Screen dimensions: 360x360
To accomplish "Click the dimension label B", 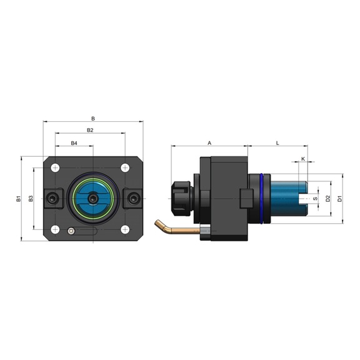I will [93, 117].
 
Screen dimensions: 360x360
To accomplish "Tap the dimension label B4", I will [74, 143].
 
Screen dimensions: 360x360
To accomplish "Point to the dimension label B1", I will [19, 199].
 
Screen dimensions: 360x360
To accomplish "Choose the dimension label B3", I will [31, 199].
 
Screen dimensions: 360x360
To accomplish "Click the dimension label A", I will [209, 143].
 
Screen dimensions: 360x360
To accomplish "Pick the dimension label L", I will [277, 143].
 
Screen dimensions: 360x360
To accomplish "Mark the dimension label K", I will [302, 159].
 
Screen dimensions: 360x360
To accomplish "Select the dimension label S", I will [315, 199].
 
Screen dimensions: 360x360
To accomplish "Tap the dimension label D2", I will [327, 199].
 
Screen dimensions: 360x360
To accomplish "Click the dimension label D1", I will [339, 199].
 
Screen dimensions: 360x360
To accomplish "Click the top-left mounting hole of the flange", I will [56, 167].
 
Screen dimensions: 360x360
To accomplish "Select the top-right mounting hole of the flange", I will [125, 167].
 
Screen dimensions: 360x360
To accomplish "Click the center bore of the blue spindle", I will [92, 198].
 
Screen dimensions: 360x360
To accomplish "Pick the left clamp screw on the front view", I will [52, 198].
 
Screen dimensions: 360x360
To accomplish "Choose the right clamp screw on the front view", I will [132, 198].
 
